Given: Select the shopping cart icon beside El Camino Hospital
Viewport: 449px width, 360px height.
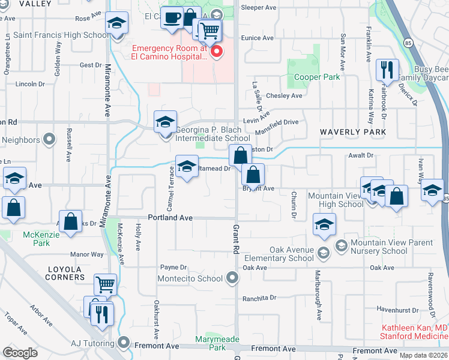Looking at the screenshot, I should tap(209, 31).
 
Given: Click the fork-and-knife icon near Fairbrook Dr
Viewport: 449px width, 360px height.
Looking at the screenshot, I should tap(387, 70).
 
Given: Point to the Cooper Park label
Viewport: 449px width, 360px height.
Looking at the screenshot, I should tap(317, 77).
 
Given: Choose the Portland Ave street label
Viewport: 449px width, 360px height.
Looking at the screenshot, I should tap(171, 218).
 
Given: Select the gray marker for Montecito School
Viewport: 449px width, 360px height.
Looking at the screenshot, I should tap(232, 278).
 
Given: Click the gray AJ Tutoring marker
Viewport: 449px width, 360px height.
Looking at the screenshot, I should tap(124, 343).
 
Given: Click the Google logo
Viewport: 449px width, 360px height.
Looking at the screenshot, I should tap(20, 352).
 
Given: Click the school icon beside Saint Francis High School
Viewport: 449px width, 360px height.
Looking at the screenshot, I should tap(116, 23).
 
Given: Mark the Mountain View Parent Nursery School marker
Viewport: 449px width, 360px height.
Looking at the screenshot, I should tap(341, 245).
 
